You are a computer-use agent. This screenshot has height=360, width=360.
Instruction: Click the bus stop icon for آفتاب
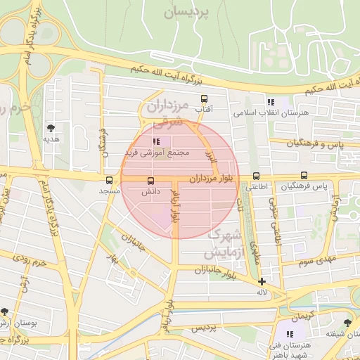click(205, 98)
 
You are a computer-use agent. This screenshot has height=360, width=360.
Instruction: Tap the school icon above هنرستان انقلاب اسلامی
click(271, 103)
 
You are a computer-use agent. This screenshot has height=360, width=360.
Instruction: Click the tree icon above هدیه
click(51, 128)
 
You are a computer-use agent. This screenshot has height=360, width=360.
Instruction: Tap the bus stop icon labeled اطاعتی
click(255, 176)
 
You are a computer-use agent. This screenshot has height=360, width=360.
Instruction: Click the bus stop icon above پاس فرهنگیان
click(304, 175)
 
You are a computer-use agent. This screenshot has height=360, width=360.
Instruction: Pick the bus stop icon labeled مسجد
click(109, 180)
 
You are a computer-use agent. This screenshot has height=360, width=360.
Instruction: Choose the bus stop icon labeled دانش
click(150, 180)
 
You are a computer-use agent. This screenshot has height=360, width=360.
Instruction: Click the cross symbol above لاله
click(262, 281)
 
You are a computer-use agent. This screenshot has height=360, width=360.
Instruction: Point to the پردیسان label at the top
click(187, 12)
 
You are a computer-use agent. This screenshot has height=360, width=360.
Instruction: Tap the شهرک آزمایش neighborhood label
click(224, 243)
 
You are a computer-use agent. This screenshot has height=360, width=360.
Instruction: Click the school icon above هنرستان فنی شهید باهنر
click(290, 334)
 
